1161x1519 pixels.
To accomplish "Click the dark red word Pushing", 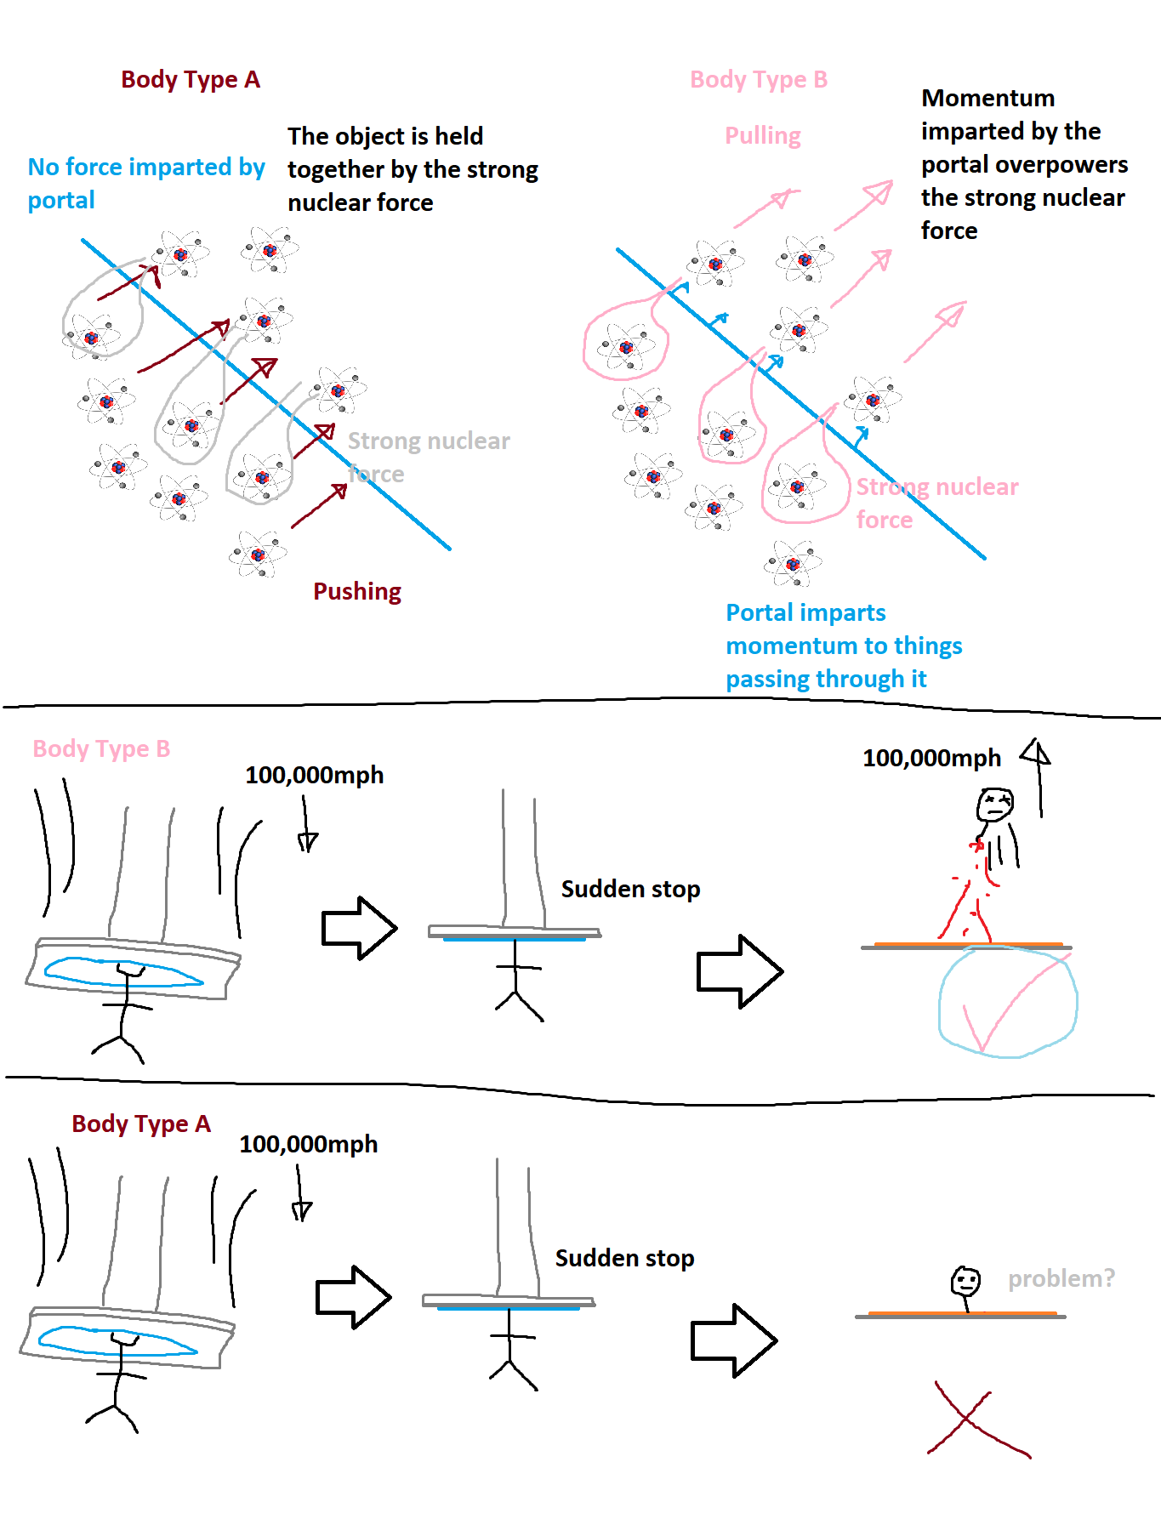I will [x=357, y=591].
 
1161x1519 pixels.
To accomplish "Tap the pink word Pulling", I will [x=763, y=136].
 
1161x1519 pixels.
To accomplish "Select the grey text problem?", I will [x=1061, y=1278].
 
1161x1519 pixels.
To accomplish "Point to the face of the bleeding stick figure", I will [x=995, y=805].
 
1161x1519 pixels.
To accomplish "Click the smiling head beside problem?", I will [x=965, y=1281].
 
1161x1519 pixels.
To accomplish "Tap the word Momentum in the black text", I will [x=987, y=99].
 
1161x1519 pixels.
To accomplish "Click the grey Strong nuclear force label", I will [x=428, y=456].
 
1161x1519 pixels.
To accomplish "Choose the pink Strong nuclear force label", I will [x=936, y=502].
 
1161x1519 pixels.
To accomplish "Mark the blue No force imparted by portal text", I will [x=146, y=183].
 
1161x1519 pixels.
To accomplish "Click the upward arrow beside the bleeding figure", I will [x=1038, y=776].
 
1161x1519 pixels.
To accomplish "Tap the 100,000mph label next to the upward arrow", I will [x=931, y=758].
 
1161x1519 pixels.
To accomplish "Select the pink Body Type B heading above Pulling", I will [x=759, y=80].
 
